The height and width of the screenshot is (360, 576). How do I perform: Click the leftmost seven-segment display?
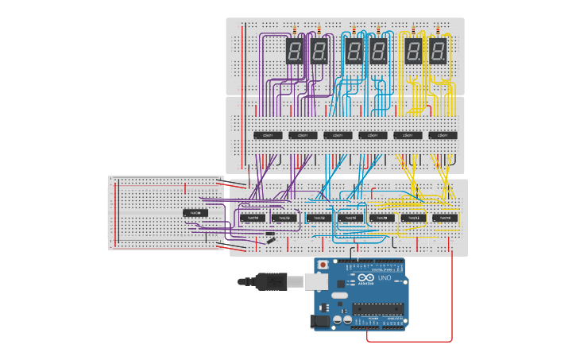295,52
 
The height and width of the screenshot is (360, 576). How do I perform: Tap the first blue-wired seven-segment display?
354,52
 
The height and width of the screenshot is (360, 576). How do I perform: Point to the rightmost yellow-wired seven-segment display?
438,52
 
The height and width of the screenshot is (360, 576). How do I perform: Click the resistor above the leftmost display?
295,31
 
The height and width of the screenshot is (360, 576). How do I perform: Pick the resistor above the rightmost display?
438,31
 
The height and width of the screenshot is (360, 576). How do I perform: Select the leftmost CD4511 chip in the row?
268,135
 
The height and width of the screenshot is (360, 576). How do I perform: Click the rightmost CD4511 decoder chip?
443,135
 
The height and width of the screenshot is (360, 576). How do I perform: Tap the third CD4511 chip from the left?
338,135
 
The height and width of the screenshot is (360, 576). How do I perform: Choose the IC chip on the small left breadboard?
195,213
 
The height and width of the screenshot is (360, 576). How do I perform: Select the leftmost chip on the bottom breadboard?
252,217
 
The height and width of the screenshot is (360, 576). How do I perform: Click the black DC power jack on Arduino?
320,321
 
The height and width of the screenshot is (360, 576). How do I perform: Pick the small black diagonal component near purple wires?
271,238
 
